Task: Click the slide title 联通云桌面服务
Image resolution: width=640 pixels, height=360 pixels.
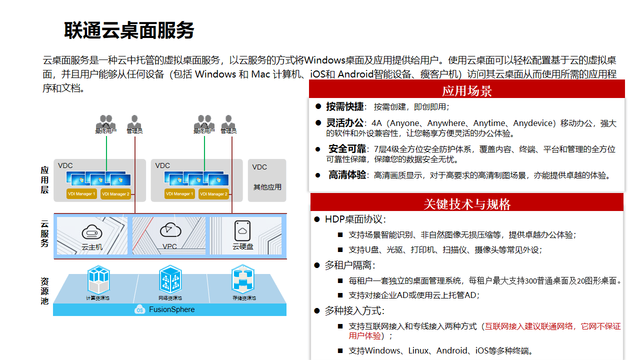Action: click(129, 31)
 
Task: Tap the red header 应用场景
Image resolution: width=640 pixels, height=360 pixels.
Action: click(466, 91)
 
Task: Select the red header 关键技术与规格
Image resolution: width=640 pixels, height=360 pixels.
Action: click(467, 204)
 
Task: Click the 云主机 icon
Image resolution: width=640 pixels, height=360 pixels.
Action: click(92, 232)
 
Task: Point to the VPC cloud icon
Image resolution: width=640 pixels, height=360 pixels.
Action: click(170, 229)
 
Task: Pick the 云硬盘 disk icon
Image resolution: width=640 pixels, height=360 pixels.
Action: click(242, 230)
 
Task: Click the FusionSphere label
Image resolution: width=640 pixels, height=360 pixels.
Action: click(171, 310)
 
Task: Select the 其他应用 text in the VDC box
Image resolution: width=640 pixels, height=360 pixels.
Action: click(267, 187)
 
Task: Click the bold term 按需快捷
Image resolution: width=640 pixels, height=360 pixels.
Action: click(345, 107)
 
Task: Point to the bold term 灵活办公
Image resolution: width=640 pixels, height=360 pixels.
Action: click(345, 123)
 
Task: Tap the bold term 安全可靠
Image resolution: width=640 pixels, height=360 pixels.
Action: click(347, 149)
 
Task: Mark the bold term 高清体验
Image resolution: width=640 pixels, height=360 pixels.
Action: click(347, 175)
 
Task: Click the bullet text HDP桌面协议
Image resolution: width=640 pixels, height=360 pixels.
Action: click(355, 219)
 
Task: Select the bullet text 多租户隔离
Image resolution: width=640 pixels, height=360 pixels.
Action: click(349, 265)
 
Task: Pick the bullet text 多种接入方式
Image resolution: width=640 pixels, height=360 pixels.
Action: click(354, 311)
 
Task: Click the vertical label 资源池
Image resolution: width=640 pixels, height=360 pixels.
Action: click(45, 291)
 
